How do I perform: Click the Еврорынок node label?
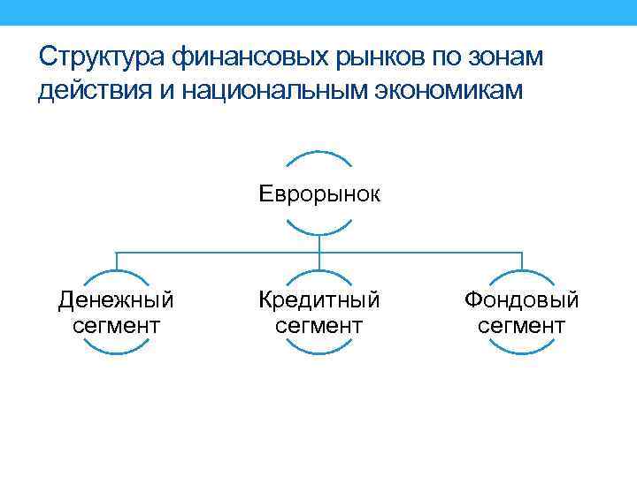319,193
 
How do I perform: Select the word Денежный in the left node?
116,300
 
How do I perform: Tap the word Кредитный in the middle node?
318,300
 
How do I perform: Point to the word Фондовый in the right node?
522,300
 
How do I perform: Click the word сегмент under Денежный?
116,326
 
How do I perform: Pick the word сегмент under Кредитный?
318,326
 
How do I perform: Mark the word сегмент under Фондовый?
522,326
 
